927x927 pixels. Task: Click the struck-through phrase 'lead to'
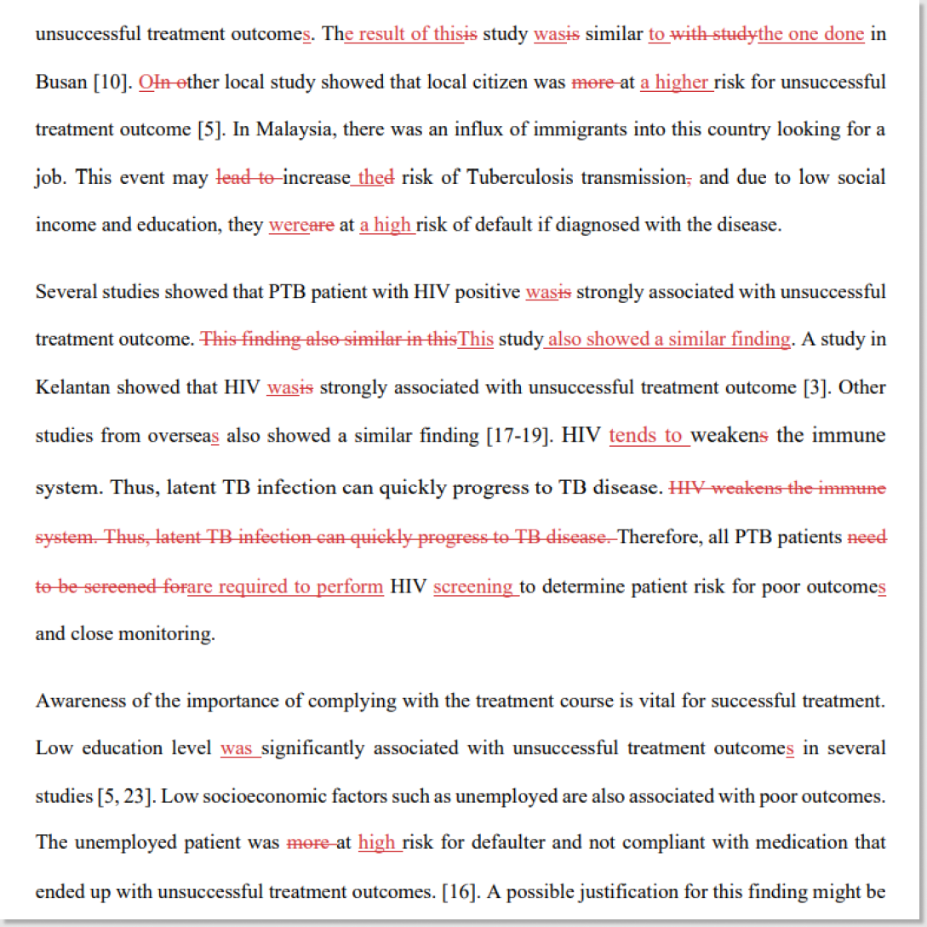tap(249, 178)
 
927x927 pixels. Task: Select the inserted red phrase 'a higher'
tap(676, 83)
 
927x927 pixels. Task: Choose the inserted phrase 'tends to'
tap(647, 436)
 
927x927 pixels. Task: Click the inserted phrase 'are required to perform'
tap(285, 587)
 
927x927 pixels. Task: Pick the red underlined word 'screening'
tap(474, 587)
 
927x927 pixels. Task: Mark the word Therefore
tap(658, 537)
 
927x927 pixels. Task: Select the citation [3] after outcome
tap(813, 387)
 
